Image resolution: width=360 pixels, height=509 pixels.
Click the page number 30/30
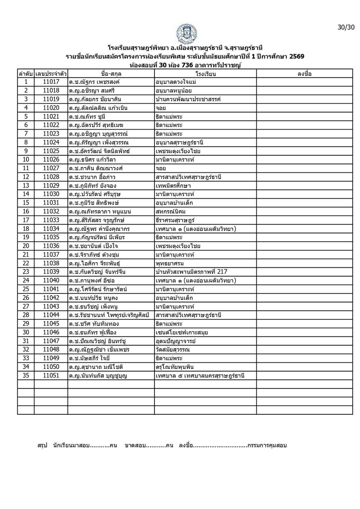346,27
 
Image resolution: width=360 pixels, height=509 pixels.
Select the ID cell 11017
51,82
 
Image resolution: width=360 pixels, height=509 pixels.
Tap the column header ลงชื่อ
304,74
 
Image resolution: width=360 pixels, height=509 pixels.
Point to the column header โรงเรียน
206,74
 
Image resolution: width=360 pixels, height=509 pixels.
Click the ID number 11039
51,272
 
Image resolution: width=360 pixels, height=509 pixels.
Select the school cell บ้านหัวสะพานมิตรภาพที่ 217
191,272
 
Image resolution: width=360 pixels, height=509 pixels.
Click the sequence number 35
26,375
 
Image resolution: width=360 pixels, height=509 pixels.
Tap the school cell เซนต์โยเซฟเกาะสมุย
182,332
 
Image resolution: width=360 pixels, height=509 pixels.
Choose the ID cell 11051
51,375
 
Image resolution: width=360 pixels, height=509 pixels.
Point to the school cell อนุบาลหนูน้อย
173,91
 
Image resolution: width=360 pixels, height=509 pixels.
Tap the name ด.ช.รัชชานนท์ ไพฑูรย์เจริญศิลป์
109,315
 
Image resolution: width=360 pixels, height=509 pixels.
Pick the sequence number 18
26,229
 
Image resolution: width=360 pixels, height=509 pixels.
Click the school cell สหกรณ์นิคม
171,212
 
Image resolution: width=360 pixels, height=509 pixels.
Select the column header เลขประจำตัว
51,74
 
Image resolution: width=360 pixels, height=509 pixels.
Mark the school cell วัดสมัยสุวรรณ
173,350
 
